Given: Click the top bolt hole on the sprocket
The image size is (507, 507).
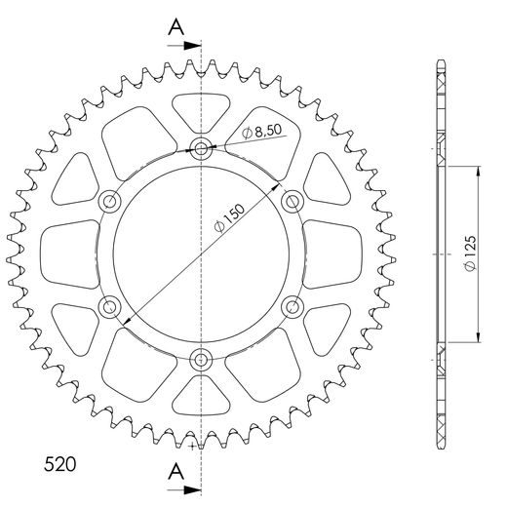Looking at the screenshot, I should pyautogui.click(x=201, y=150).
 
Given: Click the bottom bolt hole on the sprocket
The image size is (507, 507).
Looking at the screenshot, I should pyautogui.click(x=201, y=357).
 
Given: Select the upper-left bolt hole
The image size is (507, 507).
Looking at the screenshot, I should pyautogui.click(x=110, y=202).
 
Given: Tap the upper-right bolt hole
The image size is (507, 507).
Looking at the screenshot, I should pyautogui.click(x=292, y=201).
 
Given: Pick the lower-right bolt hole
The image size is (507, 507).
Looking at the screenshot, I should pyautogui.click(x=292, y=306).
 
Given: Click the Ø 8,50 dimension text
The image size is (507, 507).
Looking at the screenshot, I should pyautogui.click(x=264, y=131).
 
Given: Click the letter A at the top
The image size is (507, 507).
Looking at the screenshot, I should pyautogui.click(x=175, y=26).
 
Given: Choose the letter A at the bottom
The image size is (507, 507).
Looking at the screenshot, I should pyautogui.click(x=175, y=471).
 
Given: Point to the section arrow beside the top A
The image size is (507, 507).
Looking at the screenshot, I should pyautogui.click(x=188, y=45).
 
